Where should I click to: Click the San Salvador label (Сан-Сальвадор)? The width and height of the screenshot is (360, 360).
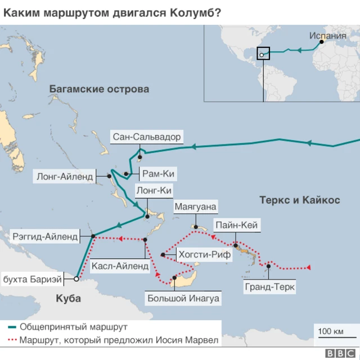pyautogui.click(x=147, y=137)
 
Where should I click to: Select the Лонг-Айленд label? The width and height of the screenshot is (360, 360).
pyautogui.click(x=65, y=176)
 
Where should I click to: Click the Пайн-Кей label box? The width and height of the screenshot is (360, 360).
pyautogui.click(x=236, y=226)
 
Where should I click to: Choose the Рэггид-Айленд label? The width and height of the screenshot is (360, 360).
pyautogui.click(x=45, y=237)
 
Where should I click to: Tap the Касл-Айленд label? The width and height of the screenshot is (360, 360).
pyautogui.click(x=120, y=265)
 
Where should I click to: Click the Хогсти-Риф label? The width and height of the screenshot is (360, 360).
pyautogui.click(x=204, y=255)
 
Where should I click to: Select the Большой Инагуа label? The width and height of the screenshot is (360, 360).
pyautogui.click(x=183, y=298)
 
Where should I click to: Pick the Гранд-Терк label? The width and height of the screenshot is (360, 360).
pyautogui.click(x=270, y=287)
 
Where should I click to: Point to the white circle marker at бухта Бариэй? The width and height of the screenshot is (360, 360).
pyautogui.click(x=76, y=278)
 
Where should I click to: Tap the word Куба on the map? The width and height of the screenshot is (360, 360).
pyautogui.click(x=69, y=298)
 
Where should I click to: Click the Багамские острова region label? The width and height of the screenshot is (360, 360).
pyautogui.click(x=99, y=89)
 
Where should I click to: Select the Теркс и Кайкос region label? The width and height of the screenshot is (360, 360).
pyautogui.click(x=299, y=200)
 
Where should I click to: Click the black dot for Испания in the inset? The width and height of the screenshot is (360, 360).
pyautogui.click(x=322, y=42)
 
